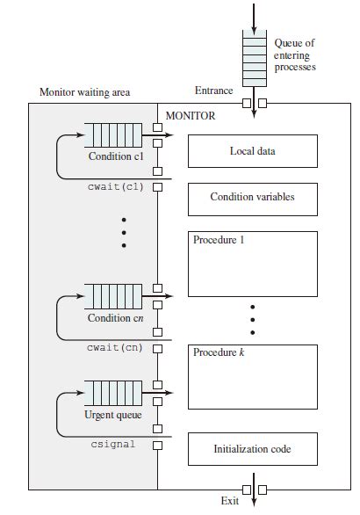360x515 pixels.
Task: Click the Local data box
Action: tap(252, 151)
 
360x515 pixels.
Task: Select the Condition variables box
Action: tap(252, 198)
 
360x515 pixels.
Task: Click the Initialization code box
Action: tap(252, 449)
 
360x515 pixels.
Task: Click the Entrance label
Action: tap(213, 91)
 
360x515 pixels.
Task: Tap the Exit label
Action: tap(230, 501)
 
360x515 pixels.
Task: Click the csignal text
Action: tap(113, 445)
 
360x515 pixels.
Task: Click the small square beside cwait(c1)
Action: tap(158, 186)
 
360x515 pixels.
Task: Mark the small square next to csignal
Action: tap(158, 445)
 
